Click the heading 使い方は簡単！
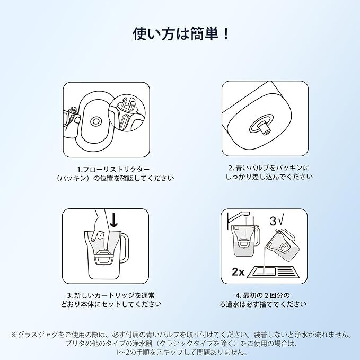(x=181, y=34)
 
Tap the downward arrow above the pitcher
(x=114, y=219)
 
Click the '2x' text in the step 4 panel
(x=238, y=272)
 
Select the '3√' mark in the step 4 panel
(x=277, y=221)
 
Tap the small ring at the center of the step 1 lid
(x=95, y=121)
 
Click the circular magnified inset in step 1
(x=127, y=113)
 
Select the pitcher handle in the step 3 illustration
(x=124, y=248)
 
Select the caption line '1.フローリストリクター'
(x=113, y=170)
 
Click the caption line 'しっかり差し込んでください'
(x=269, y=177)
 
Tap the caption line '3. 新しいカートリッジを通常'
(x=111, y=295)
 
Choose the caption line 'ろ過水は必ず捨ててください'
(x=263, y=304)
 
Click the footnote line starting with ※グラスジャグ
(x=181, y=335)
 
